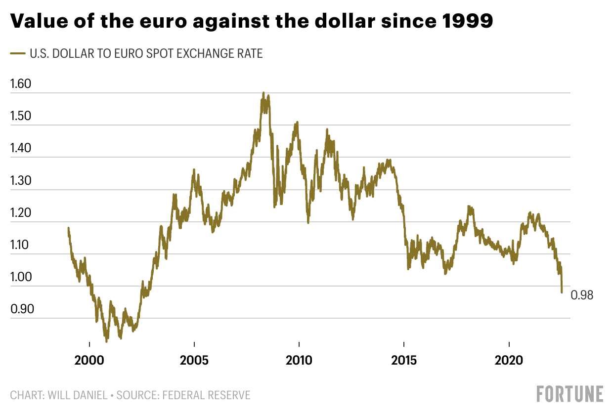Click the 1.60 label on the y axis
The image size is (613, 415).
coord(21,84)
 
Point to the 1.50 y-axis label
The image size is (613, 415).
coord(21,116)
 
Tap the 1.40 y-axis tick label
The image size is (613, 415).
coord(21,148)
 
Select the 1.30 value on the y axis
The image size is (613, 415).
coord(21,181)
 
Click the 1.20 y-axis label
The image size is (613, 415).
coord(21,213)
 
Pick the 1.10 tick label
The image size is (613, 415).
coord(21,245)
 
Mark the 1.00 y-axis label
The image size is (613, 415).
coord(21,278)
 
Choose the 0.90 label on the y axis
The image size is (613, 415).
coord(21,310)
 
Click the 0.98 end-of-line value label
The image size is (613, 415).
coord(582,295)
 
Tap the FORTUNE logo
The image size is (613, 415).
coord(570,394)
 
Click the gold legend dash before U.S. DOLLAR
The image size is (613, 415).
coord(18,53)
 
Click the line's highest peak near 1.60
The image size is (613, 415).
coord(263,92)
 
